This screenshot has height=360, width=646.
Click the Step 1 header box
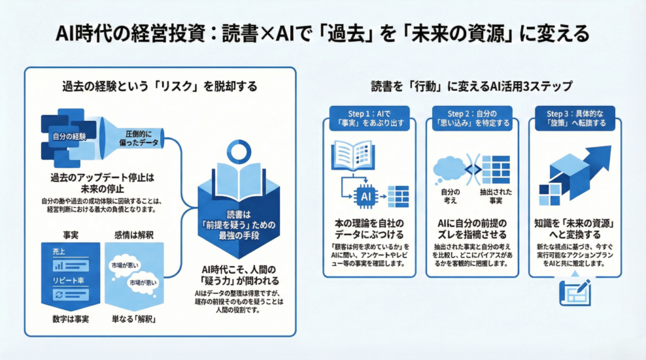tap(369, 117)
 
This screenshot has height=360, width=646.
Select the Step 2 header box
tap(471, 117)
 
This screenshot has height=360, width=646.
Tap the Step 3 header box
tap(574, 117)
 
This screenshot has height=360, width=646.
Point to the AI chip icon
tap(365, 196)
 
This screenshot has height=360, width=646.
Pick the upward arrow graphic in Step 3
tap(592, 161)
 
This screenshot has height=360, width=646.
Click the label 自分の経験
tap(69, 136)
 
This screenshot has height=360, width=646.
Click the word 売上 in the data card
tap(59, 251)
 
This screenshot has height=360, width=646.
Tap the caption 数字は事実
tap(69, 319)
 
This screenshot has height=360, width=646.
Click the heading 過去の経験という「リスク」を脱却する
tap(160, 87)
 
